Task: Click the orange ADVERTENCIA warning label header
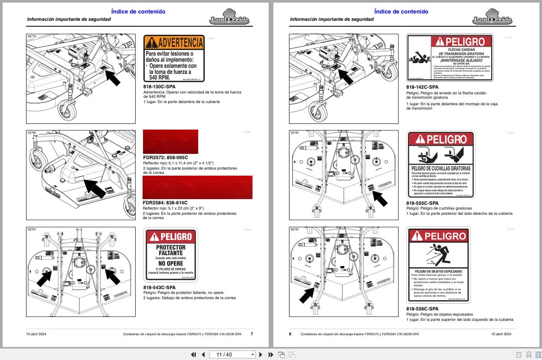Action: point(174,42)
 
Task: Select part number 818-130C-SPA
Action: point(160,87)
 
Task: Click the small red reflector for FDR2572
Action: point(170,141)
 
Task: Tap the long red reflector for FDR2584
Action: point(197,187)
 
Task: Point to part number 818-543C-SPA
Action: point(160,287)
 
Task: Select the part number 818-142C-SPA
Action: point(422,87)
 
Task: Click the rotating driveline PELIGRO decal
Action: point(449,58)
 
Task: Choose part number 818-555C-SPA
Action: point(422,203)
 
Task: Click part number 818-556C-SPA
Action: point(422,309)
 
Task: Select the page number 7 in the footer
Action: point(252,334)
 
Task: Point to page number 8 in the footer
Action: point(290,334)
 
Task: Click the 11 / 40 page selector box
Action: point(233,354)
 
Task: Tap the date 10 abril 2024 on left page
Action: point(36,334)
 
